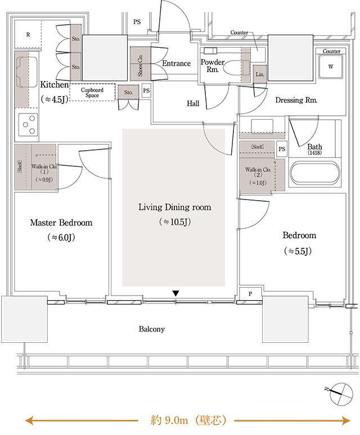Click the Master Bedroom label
[x=61, y=223]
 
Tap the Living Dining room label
[x=174, y=207]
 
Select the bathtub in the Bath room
[x=314, y=173]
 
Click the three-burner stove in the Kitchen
[x=28, y=125]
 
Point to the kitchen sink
[x=27, y=72]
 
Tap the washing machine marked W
[x=331, y=66]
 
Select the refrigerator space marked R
[x=28, y=35]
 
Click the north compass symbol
[x=341, y=394]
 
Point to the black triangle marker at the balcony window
[x=175, y=293]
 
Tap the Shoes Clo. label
[x=140, y=65]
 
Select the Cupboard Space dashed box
[x=92, y=92]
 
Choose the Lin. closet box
[x=260, y=74]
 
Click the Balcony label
[x=151, y=329]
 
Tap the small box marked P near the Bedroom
[x=250, y=294]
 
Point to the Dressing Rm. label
[x=296, y=100]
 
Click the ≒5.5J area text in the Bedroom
[x=298, y=251]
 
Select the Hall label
[x=193, y=103]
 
